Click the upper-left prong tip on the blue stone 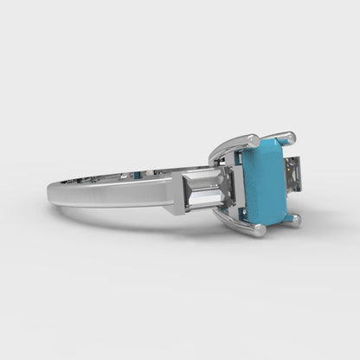tap(251, 139)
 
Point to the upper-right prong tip tap(288, 136)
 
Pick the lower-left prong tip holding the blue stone tap(257, 231)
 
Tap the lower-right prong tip tap(295, 221)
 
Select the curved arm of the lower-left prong tap(234, 220)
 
